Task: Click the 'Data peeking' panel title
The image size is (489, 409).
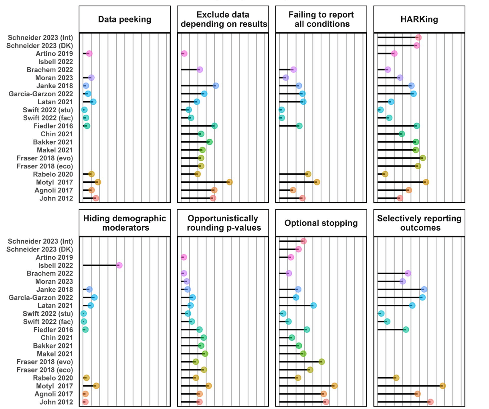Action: click(x=125, y=19)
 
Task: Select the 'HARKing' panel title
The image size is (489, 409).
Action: click(x=419, y=19)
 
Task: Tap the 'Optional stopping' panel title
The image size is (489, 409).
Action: click(x=321, y=223)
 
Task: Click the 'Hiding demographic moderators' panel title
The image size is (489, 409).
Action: click(x=125, y=223)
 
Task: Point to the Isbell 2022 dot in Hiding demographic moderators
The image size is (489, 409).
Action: click(x=119, y=265)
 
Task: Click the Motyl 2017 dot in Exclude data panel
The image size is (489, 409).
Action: click(x=229, y=182)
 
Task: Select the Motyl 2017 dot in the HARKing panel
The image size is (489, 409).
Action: click(x=426, y=182)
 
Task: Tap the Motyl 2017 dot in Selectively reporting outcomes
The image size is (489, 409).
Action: click(x=443, y=386)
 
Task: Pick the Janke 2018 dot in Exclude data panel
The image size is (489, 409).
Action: click(x=216, y=86)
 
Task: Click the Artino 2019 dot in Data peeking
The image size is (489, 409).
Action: click(x=89, y=54)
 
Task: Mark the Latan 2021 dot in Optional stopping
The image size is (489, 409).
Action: click(x=313, y=306)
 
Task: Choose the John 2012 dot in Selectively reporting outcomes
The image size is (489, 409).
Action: click(x=430, y=402)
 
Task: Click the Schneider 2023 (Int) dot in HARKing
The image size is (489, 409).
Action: click(x=418, y=38)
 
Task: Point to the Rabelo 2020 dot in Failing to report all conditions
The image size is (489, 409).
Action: click(x=308, y=174)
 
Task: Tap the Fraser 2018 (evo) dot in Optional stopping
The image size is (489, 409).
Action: click(x=321, y=362)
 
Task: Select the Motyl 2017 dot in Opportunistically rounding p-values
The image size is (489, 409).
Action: click(x=208, y=386)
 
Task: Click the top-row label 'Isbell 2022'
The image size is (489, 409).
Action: click(x=56, y=62)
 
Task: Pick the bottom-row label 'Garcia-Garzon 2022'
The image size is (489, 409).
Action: click(x=41, y=298)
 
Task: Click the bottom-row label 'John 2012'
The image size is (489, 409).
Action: click(x=56, y=402)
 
